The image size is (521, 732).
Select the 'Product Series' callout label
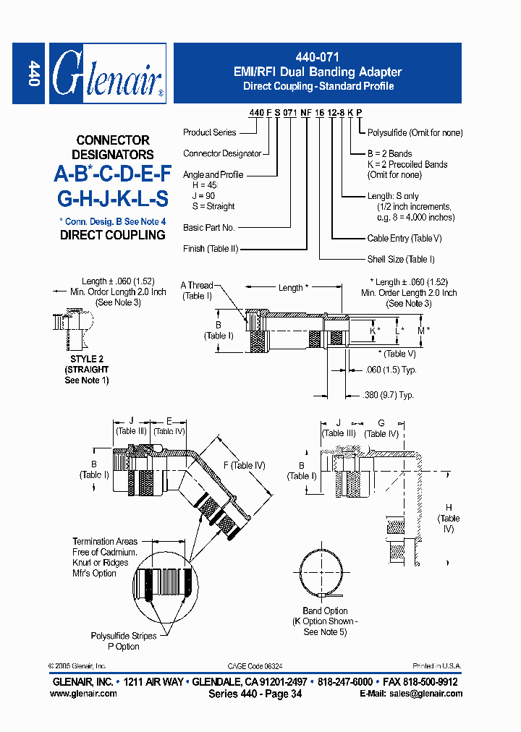[x=209, y=132]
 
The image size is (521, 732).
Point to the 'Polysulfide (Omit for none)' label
[x=415, y=132]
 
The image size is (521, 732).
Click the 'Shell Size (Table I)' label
[x=402, y=259]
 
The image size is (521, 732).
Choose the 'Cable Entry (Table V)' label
[x=405, y=238]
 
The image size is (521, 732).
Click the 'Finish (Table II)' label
[x=211, y=249]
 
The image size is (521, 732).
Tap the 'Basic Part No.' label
[x=209, y=227]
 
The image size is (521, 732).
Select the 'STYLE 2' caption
[x=87, y=359]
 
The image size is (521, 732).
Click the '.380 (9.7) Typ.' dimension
[x=388, y=395]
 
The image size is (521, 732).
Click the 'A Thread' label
[x=197, y=285]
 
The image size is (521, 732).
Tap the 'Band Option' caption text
[x=325, y=610]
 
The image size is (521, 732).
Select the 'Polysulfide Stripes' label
[x=123, y=636]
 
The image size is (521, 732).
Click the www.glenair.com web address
[x=83, y=693]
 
